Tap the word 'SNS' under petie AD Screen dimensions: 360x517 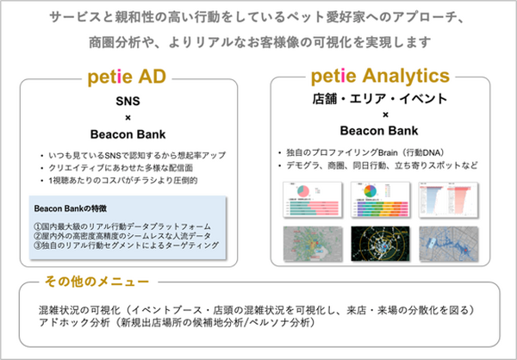128,102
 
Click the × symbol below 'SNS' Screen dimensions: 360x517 128,117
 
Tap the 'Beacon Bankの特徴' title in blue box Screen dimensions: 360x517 72,209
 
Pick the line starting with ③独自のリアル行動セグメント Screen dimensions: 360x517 126,246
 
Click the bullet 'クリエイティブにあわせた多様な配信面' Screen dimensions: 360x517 127,167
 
